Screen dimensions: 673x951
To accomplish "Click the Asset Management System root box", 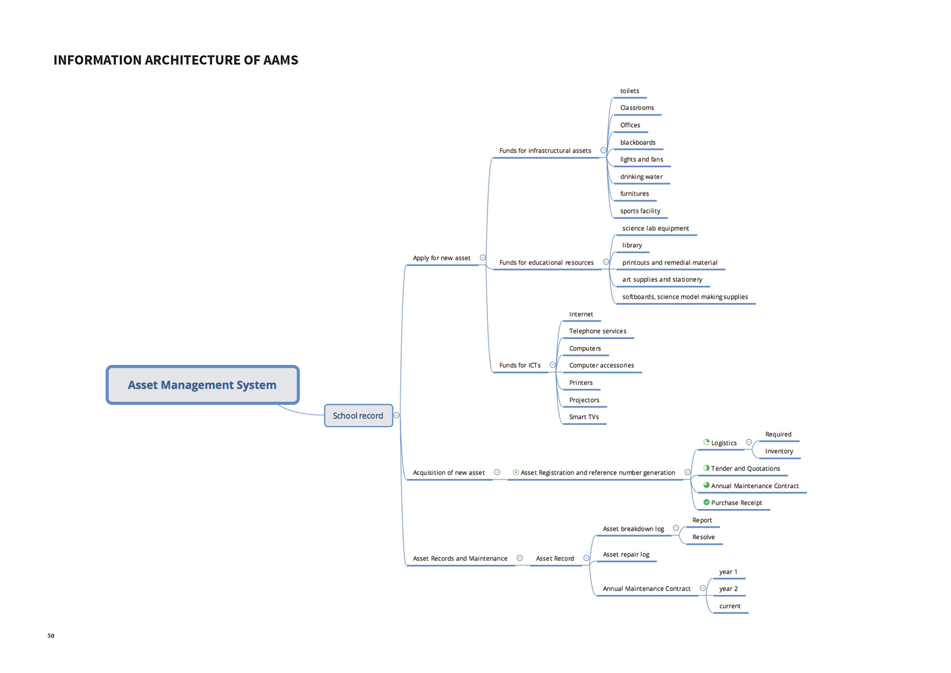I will pyautogui.click(x=203, y=385).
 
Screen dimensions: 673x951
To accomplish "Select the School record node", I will pyautogui.click(x=358, y=416).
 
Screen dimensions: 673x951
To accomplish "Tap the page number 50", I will pyautogui.click(x=51, y=636).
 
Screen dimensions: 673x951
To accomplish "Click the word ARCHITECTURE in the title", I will pyautogui.click(x=192, y=60).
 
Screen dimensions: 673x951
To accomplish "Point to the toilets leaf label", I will pyautogui.click(x=630, y=91).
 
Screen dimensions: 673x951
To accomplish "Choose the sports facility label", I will pyautogui.click(x=640, y=211).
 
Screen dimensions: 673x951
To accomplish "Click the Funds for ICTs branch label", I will pyautogui.click(x=520, y=366).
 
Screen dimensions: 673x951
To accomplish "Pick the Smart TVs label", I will pyautogui.click(x=584, y=417).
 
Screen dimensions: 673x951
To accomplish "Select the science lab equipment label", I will pyautogui.click(x=655, y=228).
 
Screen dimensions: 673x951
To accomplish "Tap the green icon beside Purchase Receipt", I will pyautogui.click(x=707, y=502).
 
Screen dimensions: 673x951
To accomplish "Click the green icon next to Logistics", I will pyautogui.click(x=707, y=442).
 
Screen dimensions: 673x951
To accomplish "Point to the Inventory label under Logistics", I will pyautogui.click(x=779, y=451).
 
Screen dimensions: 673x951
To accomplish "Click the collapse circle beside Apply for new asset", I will pyautogui.click(x=483, y=257).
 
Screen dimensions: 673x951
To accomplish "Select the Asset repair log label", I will pyautogui.click(x=626, y=554).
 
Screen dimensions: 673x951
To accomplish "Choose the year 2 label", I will pyautogui.click(x=728, y=589).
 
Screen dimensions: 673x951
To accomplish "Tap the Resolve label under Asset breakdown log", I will pyautogui.click(x=703, y=537).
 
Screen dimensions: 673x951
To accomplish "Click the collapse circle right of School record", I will pyautogui.click(x=397, y=415).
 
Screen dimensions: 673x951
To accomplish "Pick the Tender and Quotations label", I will pyautogui.click(x=745, y=469).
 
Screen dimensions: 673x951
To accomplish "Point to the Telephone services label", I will pyautogui.click(x=598, y=331).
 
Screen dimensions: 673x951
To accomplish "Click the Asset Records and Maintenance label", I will pyautogui.click(x=460, y=558).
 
